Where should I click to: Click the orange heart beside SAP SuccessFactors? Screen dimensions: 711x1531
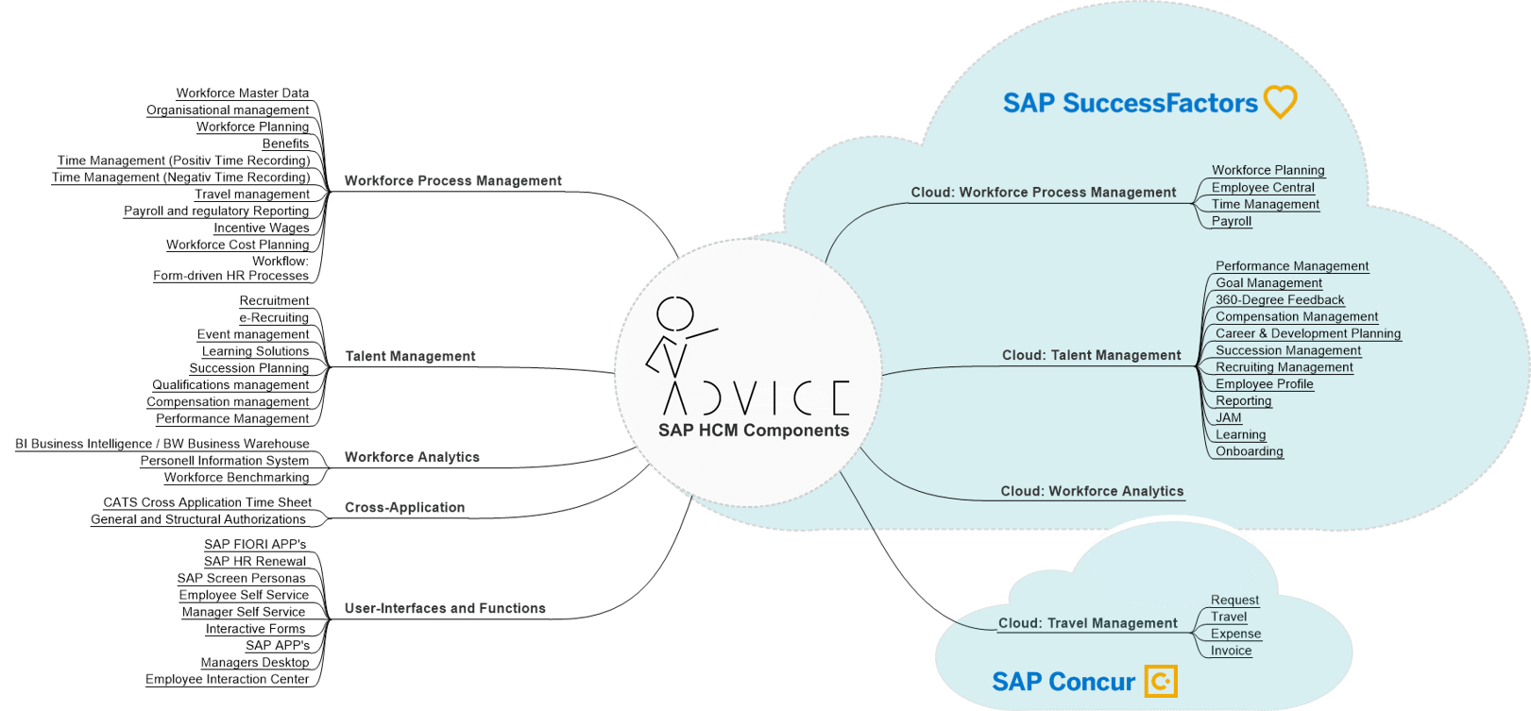(1280, 101)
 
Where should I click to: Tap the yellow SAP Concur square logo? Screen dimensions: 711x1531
(1161, 681)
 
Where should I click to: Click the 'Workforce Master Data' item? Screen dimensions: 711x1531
(242, 93)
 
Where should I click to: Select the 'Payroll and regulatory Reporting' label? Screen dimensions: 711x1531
(216, 211)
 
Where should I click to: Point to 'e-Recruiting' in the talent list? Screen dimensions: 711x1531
(274, 317)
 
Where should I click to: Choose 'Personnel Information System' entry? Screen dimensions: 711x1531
(225, 460)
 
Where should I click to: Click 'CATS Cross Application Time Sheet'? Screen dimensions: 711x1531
(207, 502)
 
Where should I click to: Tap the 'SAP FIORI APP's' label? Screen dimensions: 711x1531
(255, 544)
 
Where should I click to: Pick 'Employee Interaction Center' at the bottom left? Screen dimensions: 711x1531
(227, 679)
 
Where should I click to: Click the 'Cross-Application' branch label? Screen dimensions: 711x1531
(404, 507)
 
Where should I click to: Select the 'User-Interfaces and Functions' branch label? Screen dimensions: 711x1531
(445, 608)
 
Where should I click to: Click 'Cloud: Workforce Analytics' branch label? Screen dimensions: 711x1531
(1092, 491)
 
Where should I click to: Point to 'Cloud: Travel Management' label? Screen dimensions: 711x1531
(1088, 623)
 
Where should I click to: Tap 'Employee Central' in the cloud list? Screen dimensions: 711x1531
(1263, 187)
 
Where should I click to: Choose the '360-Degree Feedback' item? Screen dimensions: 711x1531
(1280, 299)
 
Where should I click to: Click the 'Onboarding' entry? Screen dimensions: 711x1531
(1250, 451)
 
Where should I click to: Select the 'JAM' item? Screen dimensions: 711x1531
(1229, 417)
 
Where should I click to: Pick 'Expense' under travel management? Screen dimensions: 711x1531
(1235, 634)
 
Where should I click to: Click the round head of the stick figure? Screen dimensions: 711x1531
(675, 313)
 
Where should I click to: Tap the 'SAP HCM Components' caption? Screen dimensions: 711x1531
(754, 431)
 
